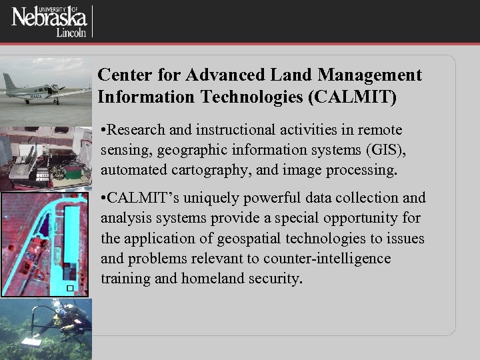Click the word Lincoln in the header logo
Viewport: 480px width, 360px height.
[x=72, y=33]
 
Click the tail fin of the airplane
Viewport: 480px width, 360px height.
[x=10, y=82]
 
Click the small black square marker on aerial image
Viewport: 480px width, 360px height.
[x=69, y=288]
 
